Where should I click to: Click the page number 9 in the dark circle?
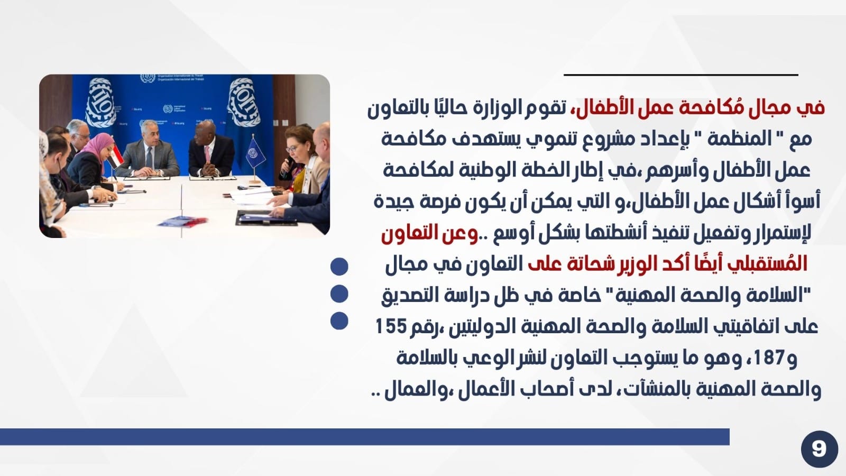click(x=819, y=449)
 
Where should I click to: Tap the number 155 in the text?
click(x=391, y=326)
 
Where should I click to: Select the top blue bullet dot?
click(x=339, y=267)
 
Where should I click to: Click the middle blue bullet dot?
click(x=339, y=294)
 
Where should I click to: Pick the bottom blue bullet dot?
click(x=339, y=321)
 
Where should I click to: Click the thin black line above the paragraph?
click(x=681, y=75)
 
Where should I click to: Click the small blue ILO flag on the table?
click(x=255, y=153)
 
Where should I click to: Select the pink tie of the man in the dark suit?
click(x=207, y=155)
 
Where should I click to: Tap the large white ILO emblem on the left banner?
click(x=100, y=102)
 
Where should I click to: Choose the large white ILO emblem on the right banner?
click(x=244, y=102)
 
